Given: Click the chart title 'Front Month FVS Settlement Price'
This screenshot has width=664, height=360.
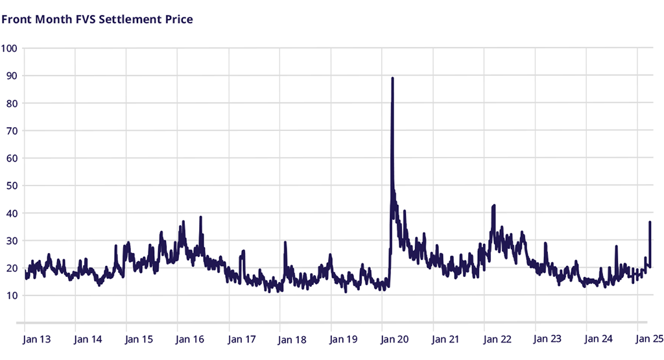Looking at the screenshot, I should point(97,19).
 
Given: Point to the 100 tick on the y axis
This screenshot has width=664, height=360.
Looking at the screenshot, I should point(10,48).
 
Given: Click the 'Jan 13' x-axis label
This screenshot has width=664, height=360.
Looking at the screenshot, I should point(36,339).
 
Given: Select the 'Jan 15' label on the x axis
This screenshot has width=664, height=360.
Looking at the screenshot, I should point(139,339).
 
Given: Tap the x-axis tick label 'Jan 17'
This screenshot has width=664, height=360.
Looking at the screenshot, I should point(241,339).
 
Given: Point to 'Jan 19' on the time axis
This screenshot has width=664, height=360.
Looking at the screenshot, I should point(344,339).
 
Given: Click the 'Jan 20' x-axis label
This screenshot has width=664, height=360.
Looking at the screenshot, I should point(395,339).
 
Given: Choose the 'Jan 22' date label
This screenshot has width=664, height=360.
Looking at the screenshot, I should point(497,339).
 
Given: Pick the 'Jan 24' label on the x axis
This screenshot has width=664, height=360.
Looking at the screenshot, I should point(599,339).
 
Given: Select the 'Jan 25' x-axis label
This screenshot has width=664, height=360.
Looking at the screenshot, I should point(648,339).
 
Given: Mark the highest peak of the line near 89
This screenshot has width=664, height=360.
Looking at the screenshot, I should point(392,78).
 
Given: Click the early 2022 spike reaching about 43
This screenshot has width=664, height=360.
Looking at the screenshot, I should point(494,206).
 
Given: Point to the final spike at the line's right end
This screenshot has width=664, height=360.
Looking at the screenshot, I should point(650,222).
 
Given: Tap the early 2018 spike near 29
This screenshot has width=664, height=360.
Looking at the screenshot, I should point(285,243).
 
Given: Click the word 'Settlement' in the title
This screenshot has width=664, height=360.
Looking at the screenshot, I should point(131,19).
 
